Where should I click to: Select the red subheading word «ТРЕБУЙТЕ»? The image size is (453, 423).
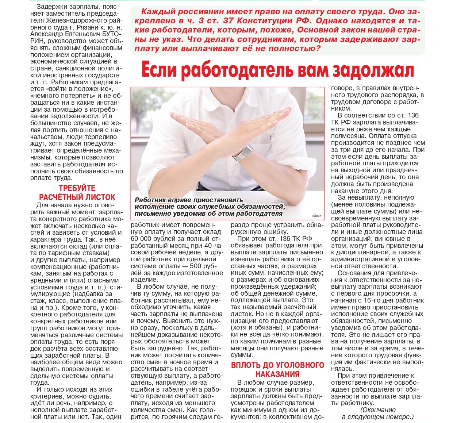pyautogui.click(x=77, y=188)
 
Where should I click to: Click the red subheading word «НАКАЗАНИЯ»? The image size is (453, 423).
pyautogui.click(x=277, y=374)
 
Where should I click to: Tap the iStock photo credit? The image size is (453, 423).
pyautogui.click(x=317, y=216)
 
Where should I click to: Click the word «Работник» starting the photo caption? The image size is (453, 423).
pyautogui.click(x=150, y=200)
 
